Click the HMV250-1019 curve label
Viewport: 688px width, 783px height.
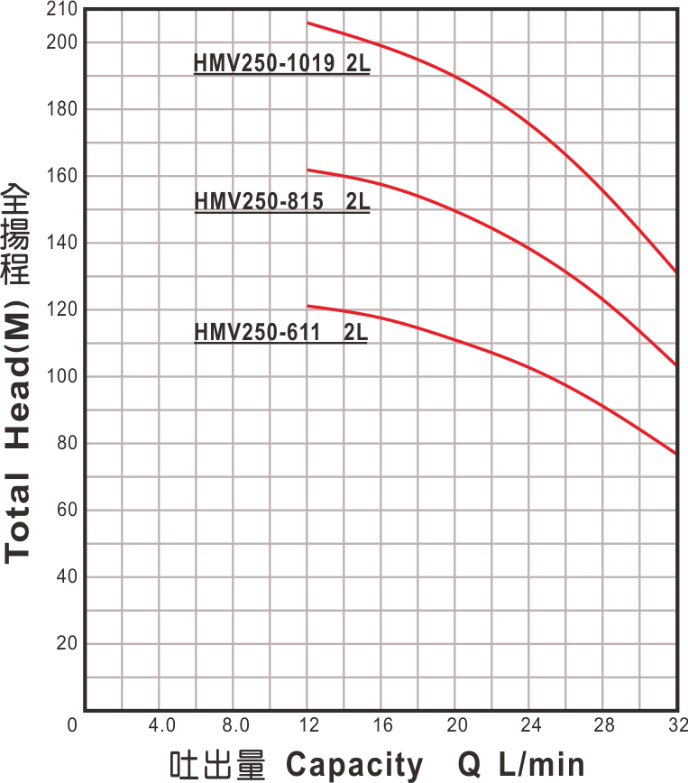(282, 65)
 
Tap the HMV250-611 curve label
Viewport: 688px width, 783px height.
(281, 333)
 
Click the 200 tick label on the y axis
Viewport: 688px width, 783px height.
(67, 42)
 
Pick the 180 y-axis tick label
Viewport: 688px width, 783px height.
(67, 109)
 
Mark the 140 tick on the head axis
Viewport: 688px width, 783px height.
(67, 243)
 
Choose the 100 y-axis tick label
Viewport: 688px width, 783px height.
(67, 376)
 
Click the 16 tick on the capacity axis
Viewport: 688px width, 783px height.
(382, 725)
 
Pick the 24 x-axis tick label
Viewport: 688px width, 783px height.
(531, 725)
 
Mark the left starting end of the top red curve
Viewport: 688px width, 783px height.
(308, 23)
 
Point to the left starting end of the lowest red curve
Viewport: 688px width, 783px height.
(308, 306)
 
